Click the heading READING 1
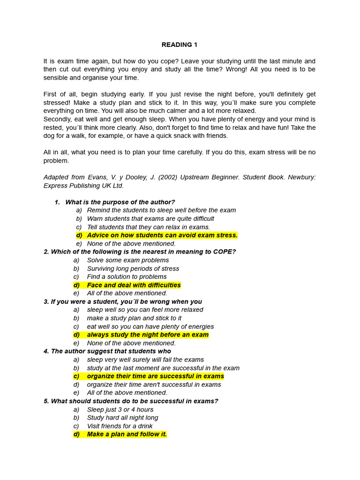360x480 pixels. [180, 45]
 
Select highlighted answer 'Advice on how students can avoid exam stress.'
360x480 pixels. [162, 235]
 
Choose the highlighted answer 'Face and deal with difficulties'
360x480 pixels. [134, 285]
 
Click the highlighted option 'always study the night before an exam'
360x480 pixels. [148, 335]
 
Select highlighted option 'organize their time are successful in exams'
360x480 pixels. [155, 376]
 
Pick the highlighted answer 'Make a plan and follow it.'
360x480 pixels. [127, 435]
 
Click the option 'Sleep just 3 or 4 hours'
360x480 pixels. [120, 410]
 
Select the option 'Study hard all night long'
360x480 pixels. [122, 418]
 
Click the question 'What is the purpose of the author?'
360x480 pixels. [120, 202]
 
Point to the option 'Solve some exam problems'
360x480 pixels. [128, 260]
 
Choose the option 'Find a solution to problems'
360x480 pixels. [127, 277]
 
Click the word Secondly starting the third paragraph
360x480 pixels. [58, 119]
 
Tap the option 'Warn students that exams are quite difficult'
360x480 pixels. [150, 218]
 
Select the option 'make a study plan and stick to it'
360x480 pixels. [134, 318]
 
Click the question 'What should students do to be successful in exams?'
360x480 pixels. [135, 401]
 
